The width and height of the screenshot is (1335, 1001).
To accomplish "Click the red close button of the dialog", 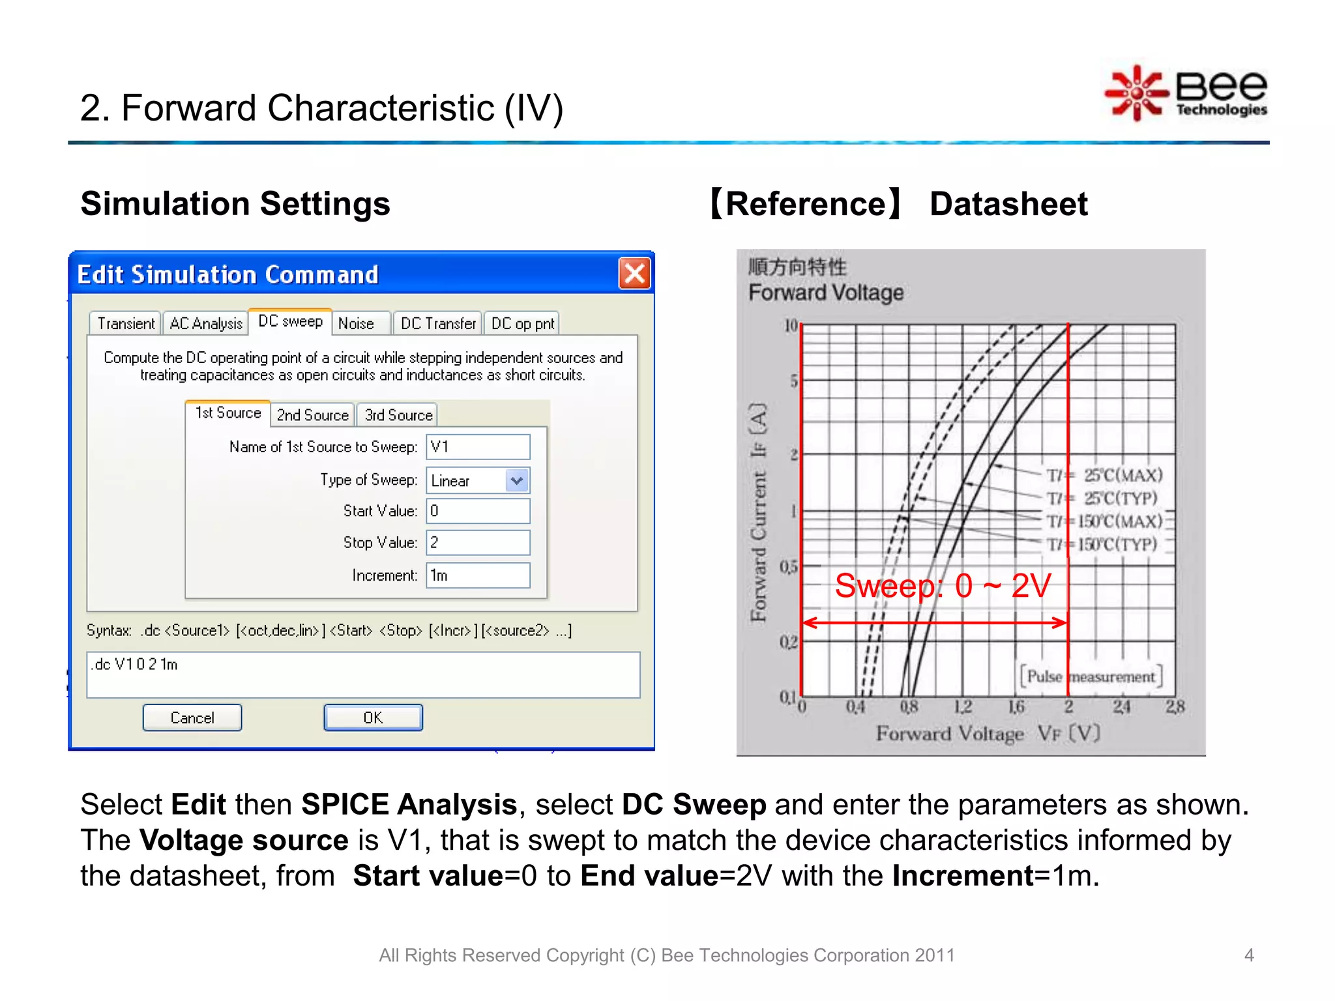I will [634, 273].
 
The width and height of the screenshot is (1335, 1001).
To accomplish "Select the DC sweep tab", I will [290, 321].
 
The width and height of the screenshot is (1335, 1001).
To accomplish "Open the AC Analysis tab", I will [205, 323].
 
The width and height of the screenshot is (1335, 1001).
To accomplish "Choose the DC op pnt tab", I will [522, 323].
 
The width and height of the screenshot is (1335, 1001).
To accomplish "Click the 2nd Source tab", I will [312, 415].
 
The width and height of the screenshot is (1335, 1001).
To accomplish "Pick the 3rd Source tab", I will [398, 415].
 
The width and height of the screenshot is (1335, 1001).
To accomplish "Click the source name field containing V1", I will [478, 447].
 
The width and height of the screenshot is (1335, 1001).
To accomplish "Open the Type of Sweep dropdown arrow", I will [517, 481].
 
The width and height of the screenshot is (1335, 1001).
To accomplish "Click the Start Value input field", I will [478, 511].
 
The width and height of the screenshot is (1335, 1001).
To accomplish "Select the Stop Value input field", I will [478, 543].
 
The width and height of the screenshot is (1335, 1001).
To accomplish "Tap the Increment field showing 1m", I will [478, 575].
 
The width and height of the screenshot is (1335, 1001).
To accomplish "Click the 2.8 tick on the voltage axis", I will [1175, 706].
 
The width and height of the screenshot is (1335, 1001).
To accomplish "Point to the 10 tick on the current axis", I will [791, 325].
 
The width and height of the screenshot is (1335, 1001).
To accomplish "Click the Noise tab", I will [356, 323].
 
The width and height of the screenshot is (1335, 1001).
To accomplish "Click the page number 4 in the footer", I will [1249, 955].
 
